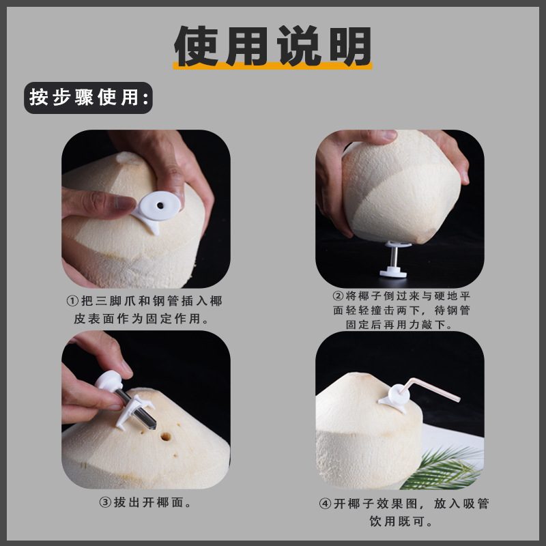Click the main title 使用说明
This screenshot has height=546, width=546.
click(x=273, y=46)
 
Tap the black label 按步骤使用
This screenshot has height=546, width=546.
click(x=88, y=98)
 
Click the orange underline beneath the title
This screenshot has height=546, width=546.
click(x=273, y=66)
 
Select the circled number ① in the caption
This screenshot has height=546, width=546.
click(x=72, y=301)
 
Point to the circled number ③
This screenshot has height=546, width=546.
click(x=105, y=503)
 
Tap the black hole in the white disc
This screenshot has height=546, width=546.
click(x=160, y=203)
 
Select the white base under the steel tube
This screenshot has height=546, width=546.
click(x=395, y=271)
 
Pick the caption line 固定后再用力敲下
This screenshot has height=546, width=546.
click(x=399, y=326)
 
